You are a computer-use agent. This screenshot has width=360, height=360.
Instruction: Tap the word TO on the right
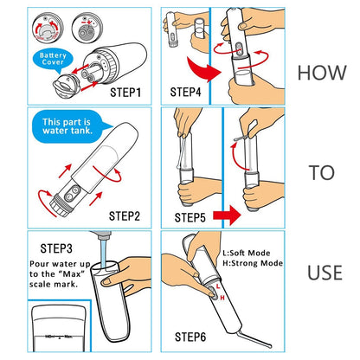(321, 173)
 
